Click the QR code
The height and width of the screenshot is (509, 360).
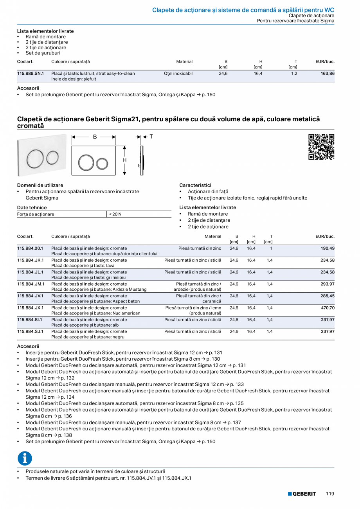coord(321,147)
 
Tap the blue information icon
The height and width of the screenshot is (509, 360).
coord(25,458)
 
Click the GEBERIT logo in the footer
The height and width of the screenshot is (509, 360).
coord(302,494)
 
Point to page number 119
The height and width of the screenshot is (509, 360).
coord(330,494)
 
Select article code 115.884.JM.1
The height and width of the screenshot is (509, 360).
coord(31,284)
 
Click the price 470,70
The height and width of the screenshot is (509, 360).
coord(328,308)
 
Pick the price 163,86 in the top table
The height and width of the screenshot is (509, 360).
coord(328,74)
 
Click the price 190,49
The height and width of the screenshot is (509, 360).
coord(328,248)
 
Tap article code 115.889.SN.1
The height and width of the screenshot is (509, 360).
coord(31,74)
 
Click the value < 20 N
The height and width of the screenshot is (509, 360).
coord(115,214)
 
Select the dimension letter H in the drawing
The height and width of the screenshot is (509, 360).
coord(124,160)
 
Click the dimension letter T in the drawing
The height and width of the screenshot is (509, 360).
coord(151,137)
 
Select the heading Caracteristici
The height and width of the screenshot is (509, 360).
coord(195,185)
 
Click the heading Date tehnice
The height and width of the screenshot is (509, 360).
coord(32,208)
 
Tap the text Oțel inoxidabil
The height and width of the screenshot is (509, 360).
coord(178,74)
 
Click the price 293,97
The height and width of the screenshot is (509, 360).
coord(328,284)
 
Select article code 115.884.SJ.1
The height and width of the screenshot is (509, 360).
coord(30,331)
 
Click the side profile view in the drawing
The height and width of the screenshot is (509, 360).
coord(141,161)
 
